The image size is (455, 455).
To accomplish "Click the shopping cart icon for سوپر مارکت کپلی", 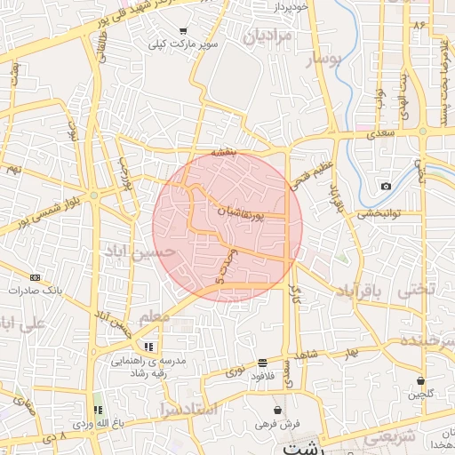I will (x=183, y=30).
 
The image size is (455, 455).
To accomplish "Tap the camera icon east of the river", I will (x=386, y=186).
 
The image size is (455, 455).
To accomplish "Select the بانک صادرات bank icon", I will (x=35, y=276).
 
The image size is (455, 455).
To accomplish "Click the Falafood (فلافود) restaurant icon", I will (x=262, y=363).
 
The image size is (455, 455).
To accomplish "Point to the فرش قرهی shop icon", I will (x=280, y=411).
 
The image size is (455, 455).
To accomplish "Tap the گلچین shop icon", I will (x=419, y=380).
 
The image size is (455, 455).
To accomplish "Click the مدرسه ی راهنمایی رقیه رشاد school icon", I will (x=148, y=347).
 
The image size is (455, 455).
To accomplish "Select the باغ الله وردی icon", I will (x=98, y=410).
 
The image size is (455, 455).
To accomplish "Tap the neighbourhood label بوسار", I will (x=323, y=60).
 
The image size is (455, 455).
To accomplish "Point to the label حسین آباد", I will (x=134, y=253).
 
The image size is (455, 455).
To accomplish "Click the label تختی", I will (x=417, y=290).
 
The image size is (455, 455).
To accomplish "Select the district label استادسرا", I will (x=191, y=409).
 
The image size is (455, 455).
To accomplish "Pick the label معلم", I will (x=154, y=315).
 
